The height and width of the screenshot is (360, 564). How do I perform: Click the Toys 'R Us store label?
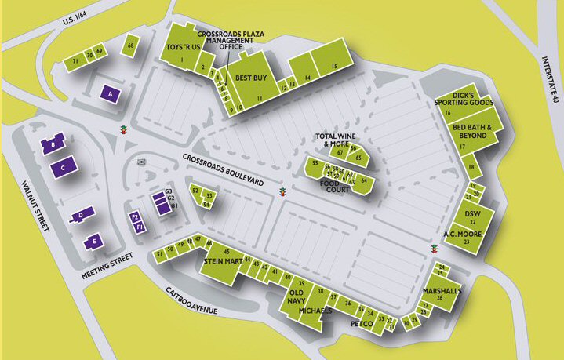[183, 48]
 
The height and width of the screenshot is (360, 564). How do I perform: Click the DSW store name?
[472, 213]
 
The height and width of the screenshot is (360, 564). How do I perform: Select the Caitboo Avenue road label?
[201, 302]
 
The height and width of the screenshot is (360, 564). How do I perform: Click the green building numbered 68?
[130, 47]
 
